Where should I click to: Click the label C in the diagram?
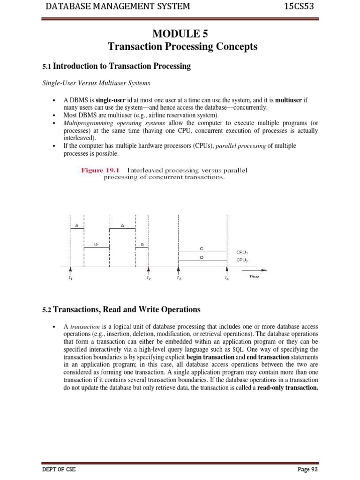[x=201, y=249]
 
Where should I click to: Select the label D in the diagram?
[x=201, y=257]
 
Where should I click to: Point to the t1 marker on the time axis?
[x=70, y=278]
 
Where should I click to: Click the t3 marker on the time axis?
[x=179, y=278]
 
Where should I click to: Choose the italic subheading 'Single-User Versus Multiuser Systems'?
[x=96, y=83]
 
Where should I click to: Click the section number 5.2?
[x=47, y=310]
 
